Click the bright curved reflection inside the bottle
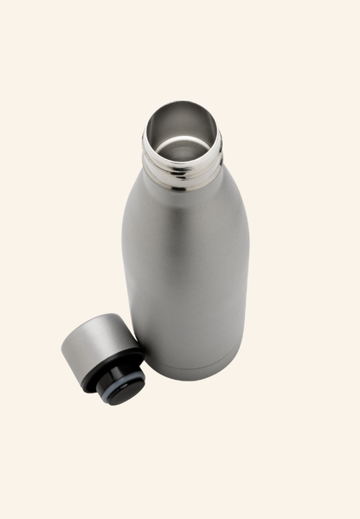point(182,143)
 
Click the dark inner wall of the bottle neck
point(164,125)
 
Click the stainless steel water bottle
point(185,251)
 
